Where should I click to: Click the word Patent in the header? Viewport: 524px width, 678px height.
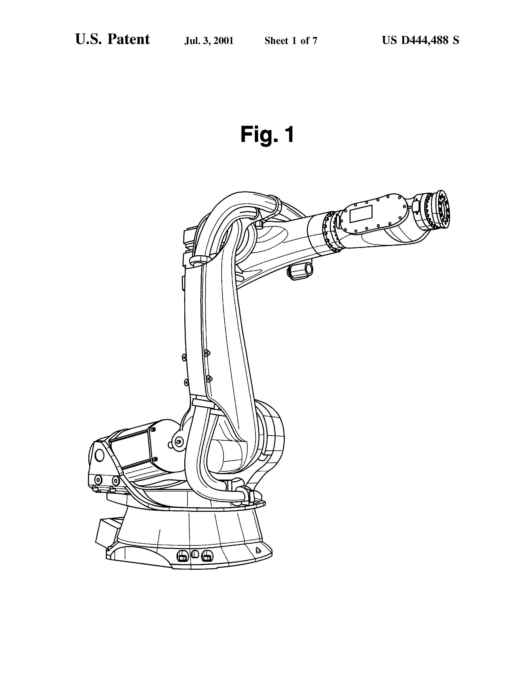[x=128, y=39]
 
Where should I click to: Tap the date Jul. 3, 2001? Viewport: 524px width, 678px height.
[x=209, y=41]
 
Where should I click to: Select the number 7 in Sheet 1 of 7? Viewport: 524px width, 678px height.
[x=315, y=41]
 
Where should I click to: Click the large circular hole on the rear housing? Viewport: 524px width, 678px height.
[x=99, y=455]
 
